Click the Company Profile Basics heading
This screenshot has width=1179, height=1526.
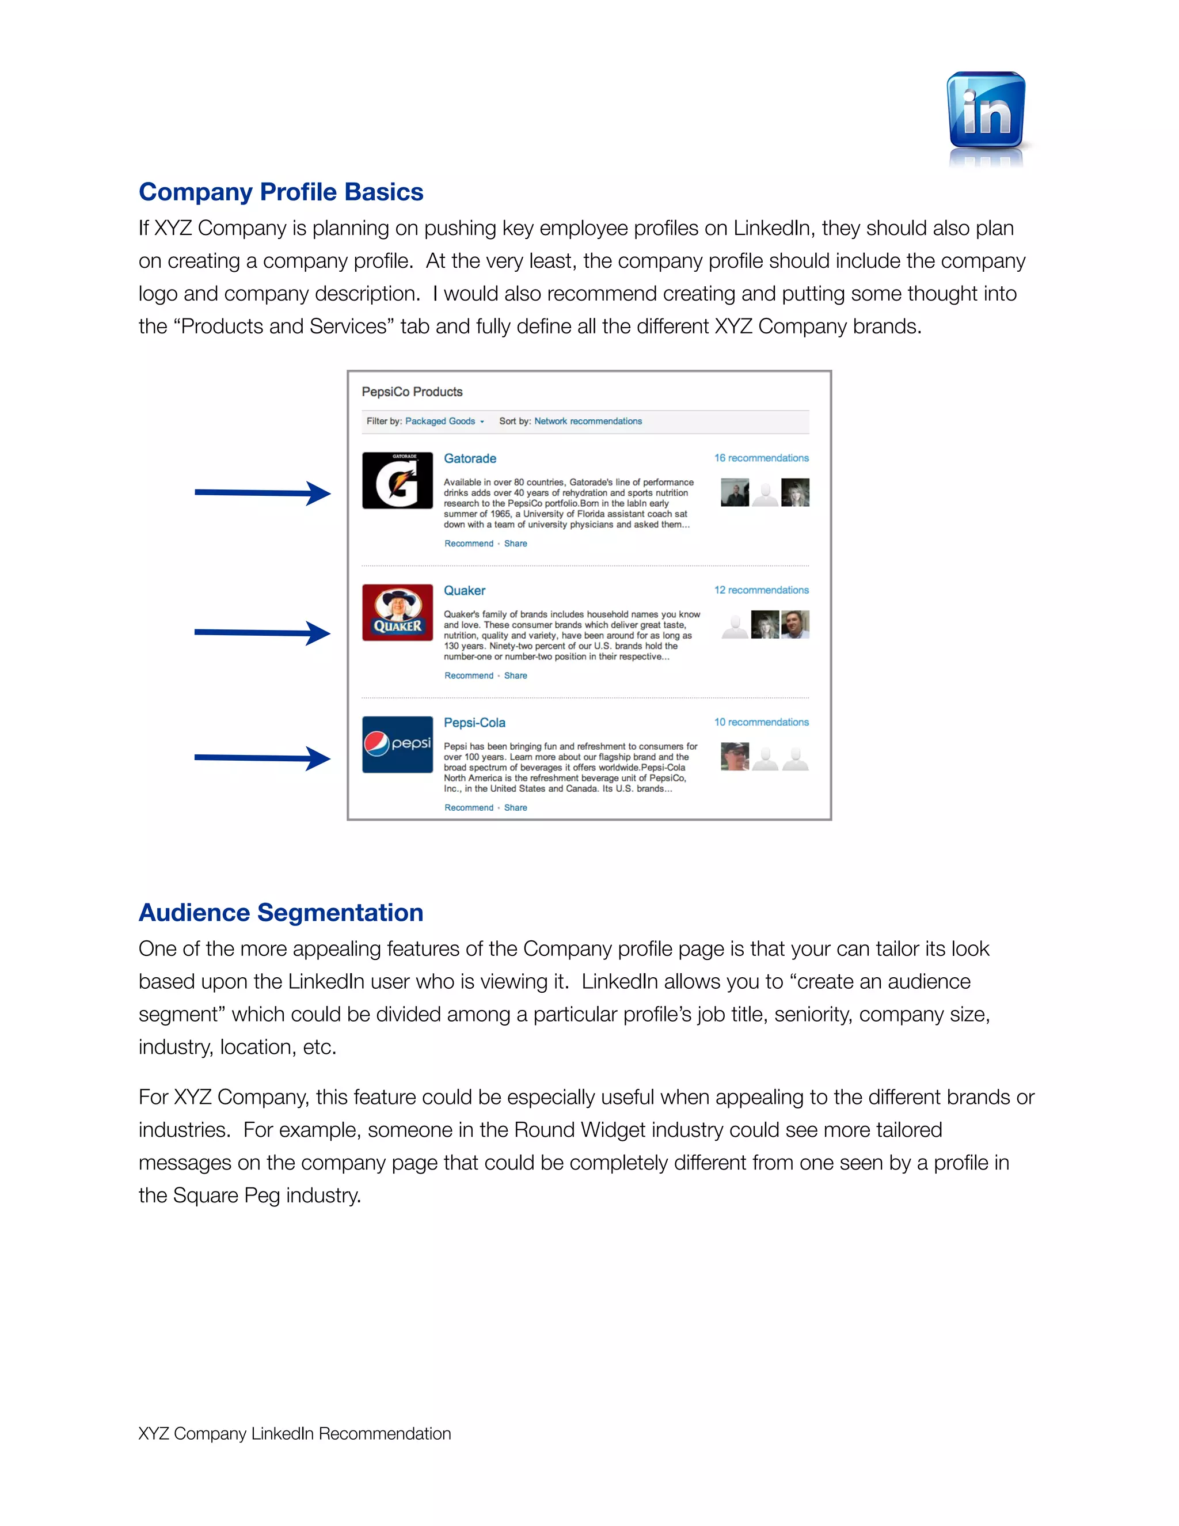point(281,192)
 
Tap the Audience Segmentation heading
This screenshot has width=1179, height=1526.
point(281,913)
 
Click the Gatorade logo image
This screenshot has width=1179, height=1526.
point(397,481)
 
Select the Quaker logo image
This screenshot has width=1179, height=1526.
point(397,613)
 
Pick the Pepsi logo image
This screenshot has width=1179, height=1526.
point(397,745)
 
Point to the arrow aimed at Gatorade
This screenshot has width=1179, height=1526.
point(262,494)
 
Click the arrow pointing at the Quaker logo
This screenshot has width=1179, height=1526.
point(262,633)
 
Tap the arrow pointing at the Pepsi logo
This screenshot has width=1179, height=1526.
point(262,758)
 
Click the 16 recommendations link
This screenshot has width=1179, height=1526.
point(760,458)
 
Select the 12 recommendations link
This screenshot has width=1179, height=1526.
point(760,590)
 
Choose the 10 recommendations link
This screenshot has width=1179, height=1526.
point(760,723)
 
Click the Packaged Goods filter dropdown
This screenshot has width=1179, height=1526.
point(444,422)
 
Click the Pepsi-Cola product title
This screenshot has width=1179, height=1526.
point(474,723)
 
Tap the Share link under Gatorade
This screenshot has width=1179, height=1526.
point(515,544)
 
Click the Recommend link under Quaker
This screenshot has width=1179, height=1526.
point(469,675)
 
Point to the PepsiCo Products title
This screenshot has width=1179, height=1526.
point(412,392)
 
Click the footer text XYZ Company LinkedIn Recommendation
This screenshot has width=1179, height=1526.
point(295,1434)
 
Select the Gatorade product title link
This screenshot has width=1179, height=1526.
point(470,459)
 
